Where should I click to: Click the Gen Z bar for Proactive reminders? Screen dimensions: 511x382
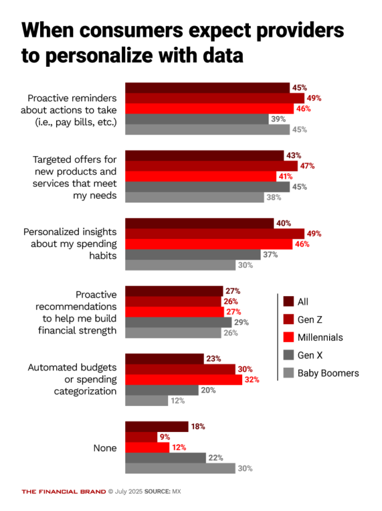click(214, 98)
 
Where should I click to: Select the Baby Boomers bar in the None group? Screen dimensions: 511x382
click(180, 468)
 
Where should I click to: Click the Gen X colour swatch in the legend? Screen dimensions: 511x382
click(288, 355)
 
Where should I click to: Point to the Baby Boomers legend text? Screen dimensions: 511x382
click(328, 373)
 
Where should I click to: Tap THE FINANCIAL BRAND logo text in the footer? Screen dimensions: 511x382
click(63, 491)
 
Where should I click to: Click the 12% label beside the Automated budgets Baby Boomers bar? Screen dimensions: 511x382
click(178, 401)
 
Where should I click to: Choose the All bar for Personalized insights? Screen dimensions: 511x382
click(199, 223)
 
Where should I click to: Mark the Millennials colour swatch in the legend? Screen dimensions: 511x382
click(288, 337)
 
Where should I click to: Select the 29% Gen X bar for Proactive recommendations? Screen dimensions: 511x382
click(178, 322)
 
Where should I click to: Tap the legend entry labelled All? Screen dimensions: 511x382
click(303, 302)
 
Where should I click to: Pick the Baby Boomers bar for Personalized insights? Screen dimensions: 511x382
click(181, 265)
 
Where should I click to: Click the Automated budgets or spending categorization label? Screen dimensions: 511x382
click(72, 380)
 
